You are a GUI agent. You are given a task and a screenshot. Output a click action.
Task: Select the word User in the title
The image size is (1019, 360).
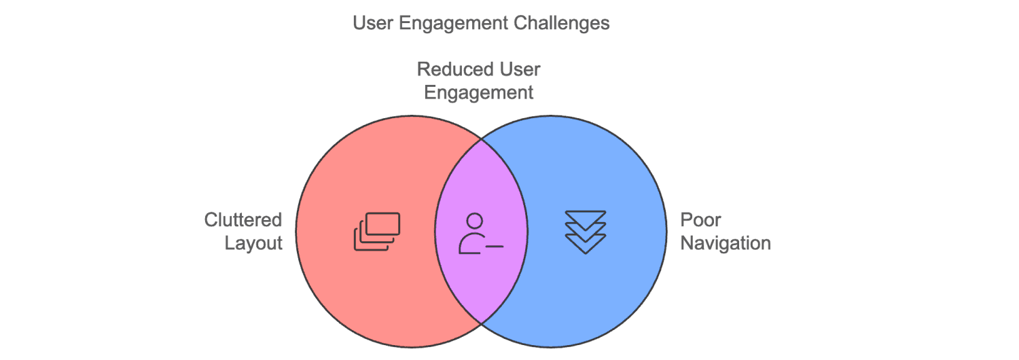(x=370, y=23)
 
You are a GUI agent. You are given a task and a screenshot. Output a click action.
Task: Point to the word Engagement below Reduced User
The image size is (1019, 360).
(x=479, y=92)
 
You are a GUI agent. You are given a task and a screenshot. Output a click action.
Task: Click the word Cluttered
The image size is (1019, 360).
(x=243, y=220)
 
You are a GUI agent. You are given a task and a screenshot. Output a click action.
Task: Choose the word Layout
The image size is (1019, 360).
(x=253, y=243)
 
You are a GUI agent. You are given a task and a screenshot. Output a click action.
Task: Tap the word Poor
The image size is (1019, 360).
(x=700, y=220)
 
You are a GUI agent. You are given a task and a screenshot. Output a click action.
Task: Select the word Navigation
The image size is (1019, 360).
(x=726, y=243)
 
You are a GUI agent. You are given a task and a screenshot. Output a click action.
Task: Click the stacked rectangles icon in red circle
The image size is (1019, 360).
(x=377, y=232)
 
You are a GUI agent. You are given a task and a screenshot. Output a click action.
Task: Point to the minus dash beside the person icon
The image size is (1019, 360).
(x=495, y=246)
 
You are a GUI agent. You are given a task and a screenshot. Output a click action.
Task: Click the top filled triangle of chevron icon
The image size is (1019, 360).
(x=585, y=217)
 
